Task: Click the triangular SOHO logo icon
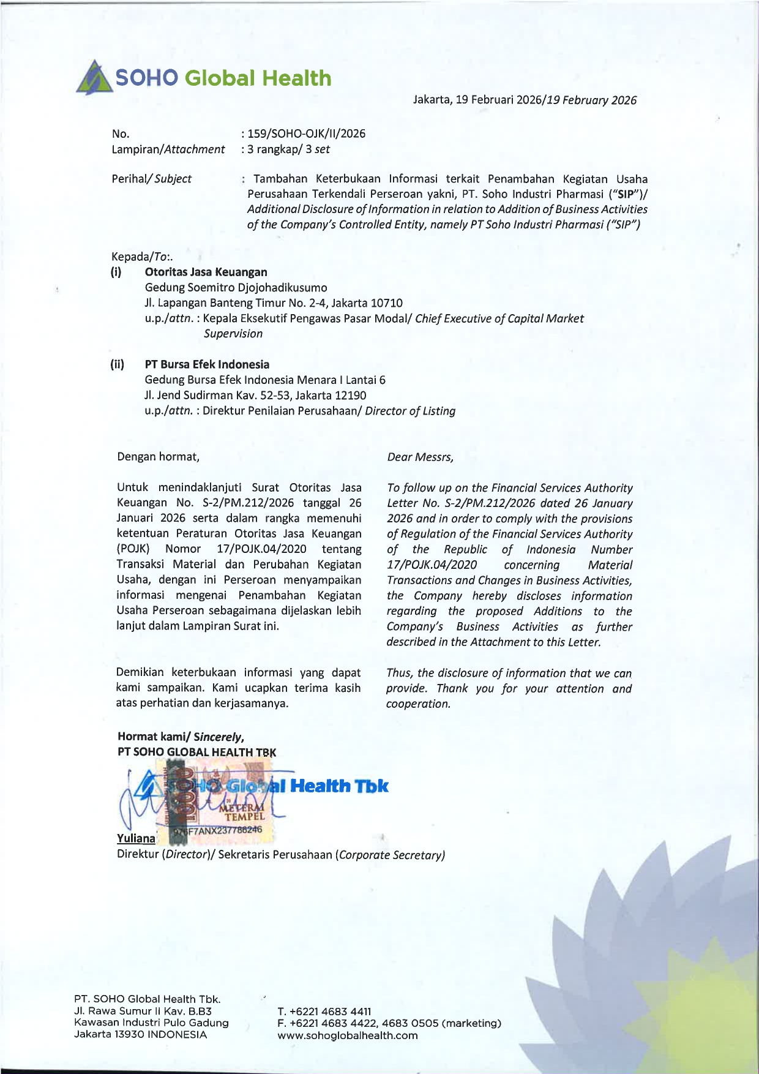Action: tap(94, 78)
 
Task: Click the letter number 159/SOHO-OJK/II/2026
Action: tap(306, 133)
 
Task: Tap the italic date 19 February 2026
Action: tap(591, 100)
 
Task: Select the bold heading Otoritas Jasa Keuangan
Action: tap(206, 272)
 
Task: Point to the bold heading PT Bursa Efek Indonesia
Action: tap(207, 364)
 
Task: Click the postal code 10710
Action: tap(386, 303)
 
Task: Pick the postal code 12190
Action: tap(350, 396)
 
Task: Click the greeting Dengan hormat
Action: tap(158, 457)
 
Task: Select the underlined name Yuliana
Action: tap(136, 838)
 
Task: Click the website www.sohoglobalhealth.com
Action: tap(347, 1035)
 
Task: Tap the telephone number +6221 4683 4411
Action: tap(330, 1012)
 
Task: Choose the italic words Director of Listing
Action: tap(410, 411)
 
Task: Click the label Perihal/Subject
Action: tap(151, 179)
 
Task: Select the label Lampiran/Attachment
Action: tap(168, 149)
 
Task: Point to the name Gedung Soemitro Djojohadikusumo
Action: tap(236, 288)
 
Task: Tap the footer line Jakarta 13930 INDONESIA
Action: tap(140, 1034)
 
